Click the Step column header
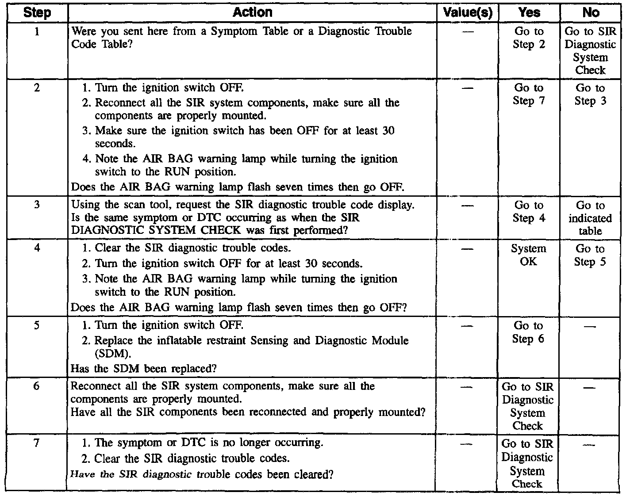[37, 12]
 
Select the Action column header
[252, 12]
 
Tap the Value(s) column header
[467, 12]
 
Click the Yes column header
[529, 12]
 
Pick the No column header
[591, 12]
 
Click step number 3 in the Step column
[37, 205]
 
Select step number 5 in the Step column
[37, 325]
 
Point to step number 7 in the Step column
[37, 443]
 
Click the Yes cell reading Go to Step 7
[529, 94]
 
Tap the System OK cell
[529, 255]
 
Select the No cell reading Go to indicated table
[590, 218]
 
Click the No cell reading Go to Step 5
[590, 255]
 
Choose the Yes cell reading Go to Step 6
[529, 332]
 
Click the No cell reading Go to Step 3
[590, 94]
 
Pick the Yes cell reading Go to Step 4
[529, 211]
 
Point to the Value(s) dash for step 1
[467, 32]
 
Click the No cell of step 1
[590, 50]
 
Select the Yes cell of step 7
[527, 463]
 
